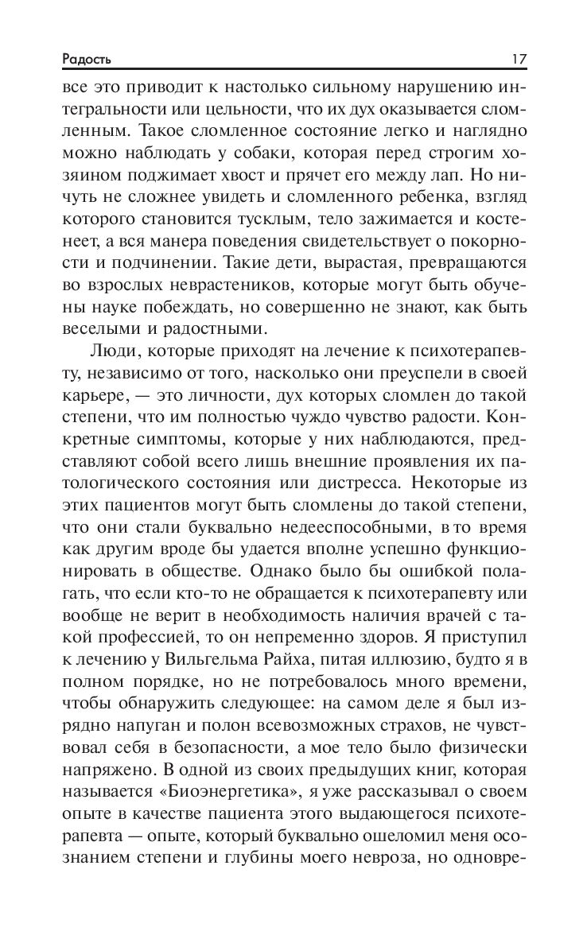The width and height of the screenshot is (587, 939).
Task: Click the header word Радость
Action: pos(88,60)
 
